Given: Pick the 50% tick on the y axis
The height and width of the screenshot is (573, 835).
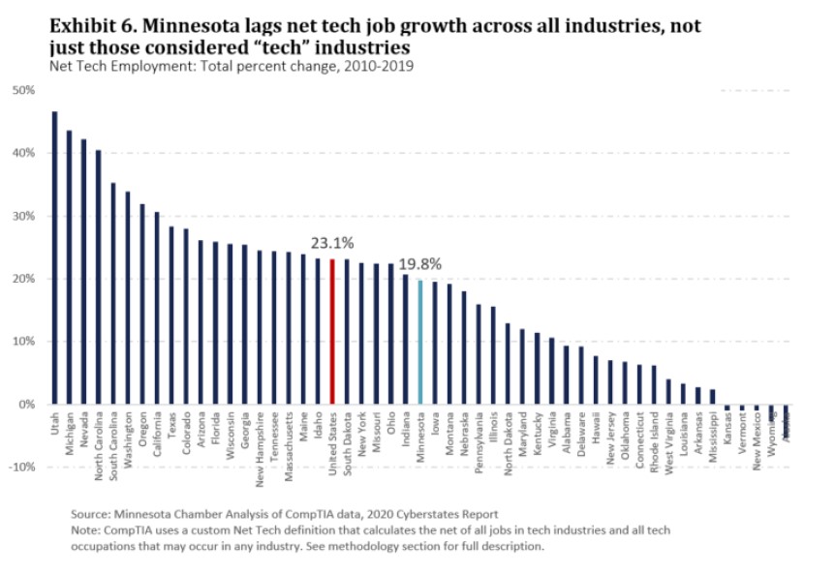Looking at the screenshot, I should (x=23, y=90).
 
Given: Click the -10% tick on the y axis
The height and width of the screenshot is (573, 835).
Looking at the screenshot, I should (x=21, y=467).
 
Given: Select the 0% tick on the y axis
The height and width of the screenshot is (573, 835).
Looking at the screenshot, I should (x=26, y=404).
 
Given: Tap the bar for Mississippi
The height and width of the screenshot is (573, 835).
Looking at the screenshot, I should (x=712, y=397).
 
